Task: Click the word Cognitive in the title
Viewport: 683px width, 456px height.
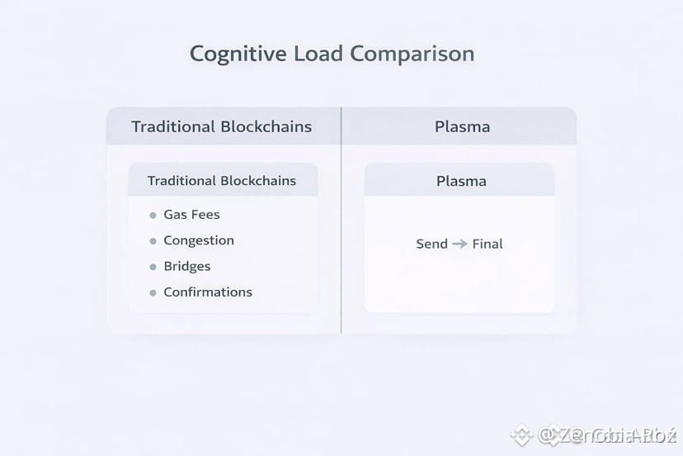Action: point(238,55)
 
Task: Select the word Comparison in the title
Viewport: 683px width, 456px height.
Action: point(412,55)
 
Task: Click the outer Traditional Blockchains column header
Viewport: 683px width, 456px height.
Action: point(222,126)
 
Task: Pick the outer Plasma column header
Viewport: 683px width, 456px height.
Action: point(462,126)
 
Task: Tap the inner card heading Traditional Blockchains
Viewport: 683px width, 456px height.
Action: point(221,180)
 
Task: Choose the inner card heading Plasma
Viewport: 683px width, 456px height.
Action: point(461,181)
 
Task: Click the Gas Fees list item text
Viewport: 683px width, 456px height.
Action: point(191,215)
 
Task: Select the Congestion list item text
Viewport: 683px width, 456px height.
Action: point(199,240)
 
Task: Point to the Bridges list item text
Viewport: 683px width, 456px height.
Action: point(187,266)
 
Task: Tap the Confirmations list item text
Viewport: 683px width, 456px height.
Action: point(208,292)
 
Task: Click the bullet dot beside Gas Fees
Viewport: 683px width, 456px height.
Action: point(153,216)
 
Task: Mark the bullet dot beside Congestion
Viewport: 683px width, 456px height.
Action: point(153,241)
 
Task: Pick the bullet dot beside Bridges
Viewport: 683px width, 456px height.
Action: point(153,267)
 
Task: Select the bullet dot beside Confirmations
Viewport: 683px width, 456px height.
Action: point(153,292)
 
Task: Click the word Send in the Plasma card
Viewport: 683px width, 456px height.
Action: point(432,244)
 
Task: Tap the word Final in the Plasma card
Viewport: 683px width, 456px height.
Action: point(488,244)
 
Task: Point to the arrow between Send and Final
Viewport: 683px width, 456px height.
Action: point(459,244)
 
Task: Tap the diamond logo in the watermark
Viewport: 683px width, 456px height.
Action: point(521,435)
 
